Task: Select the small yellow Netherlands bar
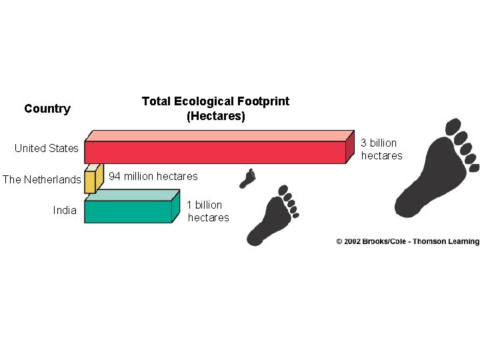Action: click(90, 182)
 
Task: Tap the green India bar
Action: click(128, 211)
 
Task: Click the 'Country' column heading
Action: click(47, 109)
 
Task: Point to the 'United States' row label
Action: click(47, 148)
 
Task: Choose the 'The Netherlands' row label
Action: click(42, 179)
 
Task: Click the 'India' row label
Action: click(65, 211)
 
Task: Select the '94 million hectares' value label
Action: click(153, 176)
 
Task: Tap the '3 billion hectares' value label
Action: click(381, 149)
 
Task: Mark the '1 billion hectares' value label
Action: click(208, 211)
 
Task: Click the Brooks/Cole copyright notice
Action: click(407, 241)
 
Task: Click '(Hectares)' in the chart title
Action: click(216, 117)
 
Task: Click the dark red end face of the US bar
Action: click(350, 147)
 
